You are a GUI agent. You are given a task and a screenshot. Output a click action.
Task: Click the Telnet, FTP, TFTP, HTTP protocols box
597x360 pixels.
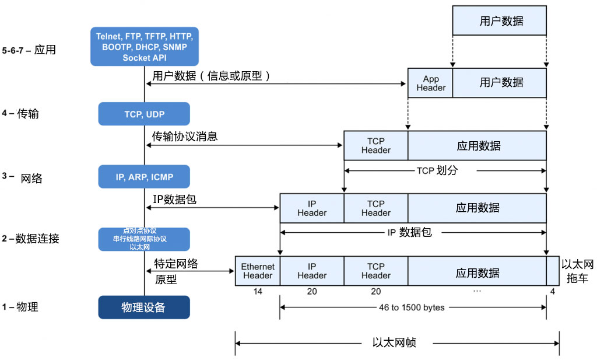pos(145,47)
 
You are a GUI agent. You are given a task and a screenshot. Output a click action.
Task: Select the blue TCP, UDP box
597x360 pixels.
pos(145,114)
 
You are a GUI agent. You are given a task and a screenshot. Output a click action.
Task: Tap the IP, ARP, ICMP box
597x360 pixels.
pos(145,177)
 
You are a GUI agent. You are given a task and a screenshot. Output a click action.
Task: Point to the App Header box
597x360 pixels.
pos(430,83)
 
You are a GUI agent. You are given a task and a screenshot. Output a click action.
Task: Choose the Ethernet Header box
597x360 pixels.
pos(258,271)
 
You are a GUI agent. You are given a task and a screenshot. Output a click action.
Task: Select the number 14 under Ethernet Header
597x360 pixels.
pos(258,291)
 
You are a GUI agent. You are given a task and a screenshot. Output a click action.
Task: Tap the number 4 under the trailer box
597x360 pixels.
pos(552,291)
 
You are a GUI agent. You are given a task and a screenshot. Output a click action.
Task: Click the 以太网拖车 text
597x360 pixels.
pos(577,271)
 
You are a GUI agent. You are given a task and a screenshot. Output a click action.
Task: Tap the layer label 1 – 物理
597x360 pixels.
pos(20,307)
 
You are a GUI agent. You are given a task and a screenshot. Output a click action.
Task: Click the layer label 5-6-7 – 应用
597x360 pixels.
pos(29,50)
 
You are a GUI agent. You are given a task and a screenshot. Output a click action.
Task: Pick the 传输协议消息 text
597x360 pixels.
pos(185,137)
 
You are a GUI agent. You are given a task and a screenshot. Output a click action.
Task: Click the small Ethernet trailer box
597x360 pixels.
pos(552,271)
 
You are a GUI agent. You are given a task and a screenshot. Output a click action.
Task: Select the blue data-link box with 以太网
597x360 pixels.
pos(145,239)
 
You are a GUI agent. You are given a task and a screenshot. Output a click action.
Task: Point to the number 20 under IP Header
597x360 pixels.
pos(312,291)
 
